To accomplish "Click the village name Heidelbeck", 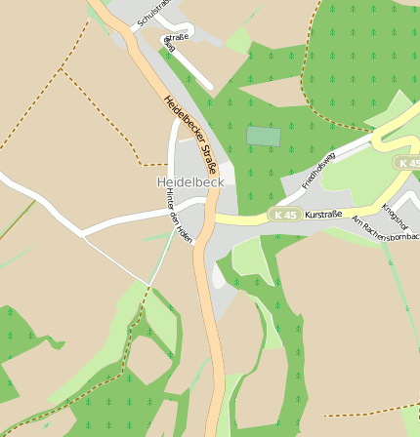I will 190,182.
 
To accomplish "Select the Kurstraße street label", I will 323,214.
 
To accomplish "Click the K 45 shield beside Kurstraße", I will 284,215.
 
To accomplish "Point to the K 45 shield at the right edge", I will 408,163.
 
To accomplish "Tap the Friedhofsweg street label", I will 318,170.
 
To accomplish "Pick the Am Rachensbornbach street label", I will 385,229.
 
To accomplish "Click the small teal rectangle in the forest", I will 263,137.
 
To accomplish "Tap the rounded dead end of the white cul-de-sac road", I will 209,88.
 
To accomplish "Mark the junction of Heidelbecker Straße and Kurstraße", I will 207,217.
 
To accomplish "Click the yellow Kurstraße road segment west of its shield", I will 244,217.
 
